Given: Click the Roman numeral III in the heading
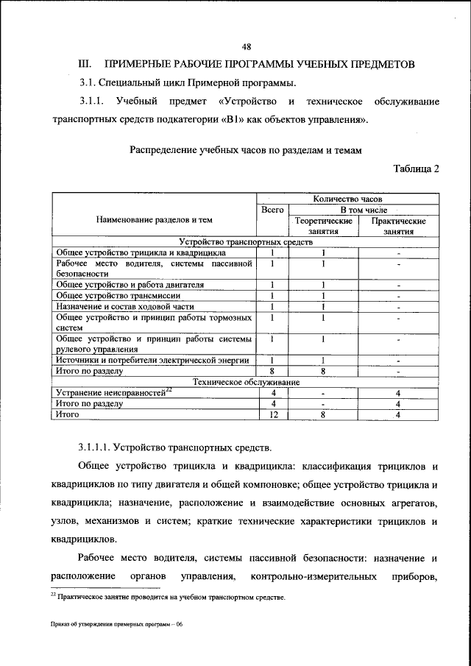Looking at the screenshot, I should pos(83,64).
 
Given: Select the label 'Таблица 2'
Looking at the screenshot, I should pos(416,169).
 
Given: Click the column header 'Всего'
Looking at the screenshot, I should pos(272,210).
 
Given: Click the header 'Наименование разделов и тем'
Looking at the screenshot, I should pos(154,219).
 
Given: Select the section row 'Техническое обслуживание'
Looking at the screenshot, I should pos(246,382).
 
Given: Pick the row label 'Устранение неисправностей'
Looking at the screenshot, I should pos(110,393).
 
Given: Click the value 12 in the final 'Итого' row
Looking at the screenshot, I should pos(272,415).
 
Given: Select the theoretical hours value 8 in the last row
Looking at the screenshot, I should pos(323,415).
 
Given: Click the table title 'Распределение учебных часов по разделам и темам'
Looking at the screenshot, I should pos(247,149).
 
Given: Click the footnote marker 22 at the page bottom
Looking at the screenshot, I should pos(53,595).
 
